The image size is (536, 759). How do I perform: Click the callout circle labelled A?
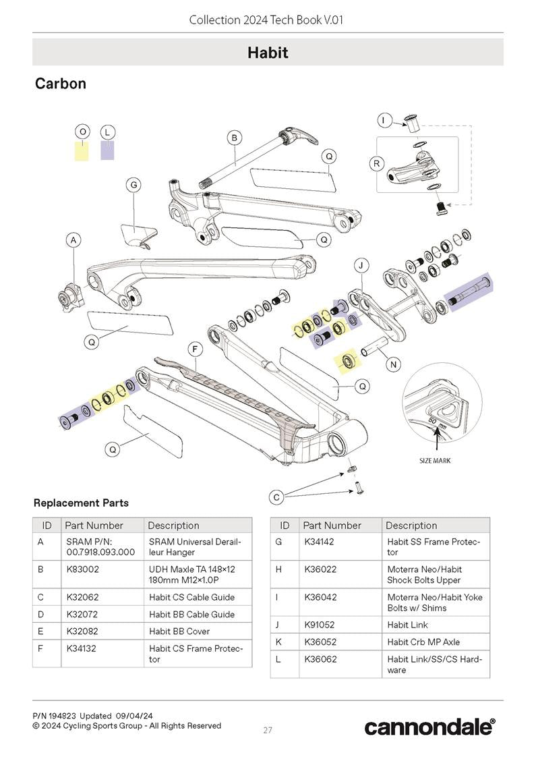[x=74, y=240]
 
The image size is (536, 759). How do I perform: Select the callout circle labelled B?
[x=234, y=138]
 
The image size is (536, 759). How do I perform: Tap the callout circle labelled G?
[x=133, y=185]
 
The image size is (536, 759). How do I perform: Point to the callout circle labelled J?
[x=361, y=266]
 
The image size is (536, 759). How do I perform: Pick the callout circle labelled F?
[x=195, y=349]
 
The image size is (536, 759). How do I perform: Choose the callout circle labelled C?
[x=276, y=497]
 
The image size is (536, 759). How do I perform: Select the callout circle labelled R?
[x=376, y=163]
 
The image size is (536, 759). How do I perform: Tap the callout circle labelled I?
[x=383, y=121]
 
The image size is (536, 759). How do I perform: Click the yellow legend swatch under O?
[x=82, y=150]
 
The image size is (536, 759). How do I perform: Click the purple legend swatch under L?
[x=107, y=150]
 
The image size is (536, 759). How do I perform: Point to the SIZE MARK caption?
[x=435, y=461]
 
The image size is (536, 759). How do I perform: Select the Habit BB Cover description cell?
[x=179, y=631]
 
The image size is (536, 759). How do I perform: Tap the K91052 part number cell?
[x=320, y=625]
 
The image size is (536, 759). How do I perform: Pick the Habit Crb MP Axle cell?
[x=423, y=642]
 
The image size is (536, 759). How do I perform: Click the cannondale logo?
[x=429, y=727]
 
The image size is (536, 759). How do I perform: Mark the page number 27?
[x=268, y=730]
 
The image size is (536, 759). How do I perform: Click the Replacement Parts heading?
[x=81, y=503]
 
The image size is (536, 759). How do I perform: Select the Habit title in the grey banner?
[x=268, y=52]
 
